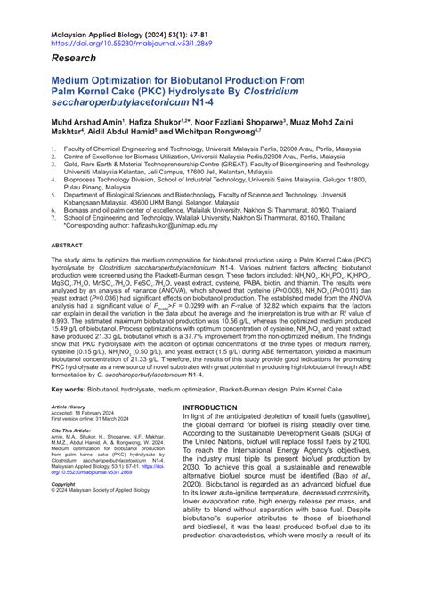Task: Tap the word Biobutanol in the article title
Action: click(227, 80)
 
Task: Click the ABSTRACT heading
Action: click(67, 244)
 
